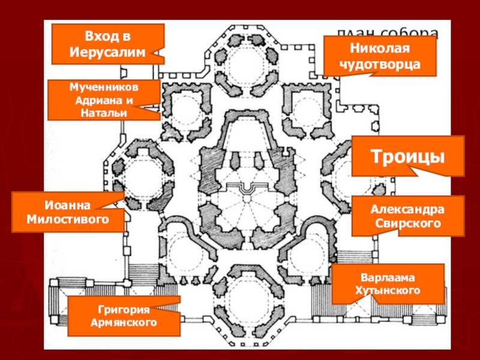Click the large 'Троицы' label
(x=407, y=156)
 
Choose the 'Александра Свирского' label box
(x=407, y=216)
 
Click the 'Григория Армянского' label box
(x=124, y=316)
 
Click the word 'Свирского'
(x=407, y=223)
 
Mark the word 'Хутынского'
(x=388, y=292)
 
